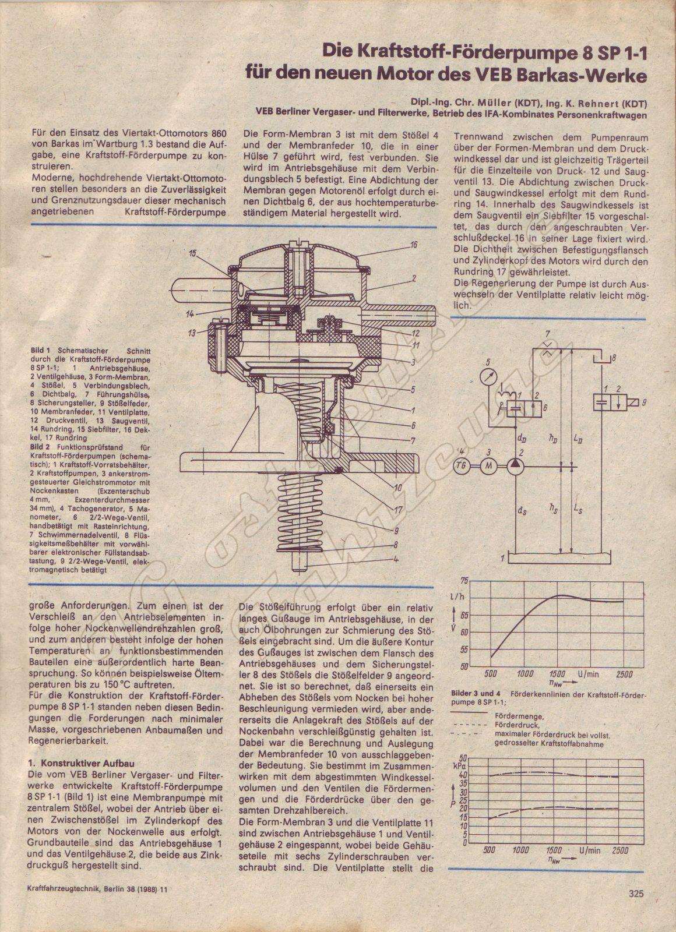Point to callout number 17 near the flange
[x=397, y=508]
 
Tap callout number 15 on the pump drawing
[x=192, y=253]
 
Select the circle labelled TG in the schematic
[x=461, y=465]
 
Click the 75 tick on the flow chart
[x=464, y=580]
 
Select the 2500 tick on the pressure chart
[x=624, y=850]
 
